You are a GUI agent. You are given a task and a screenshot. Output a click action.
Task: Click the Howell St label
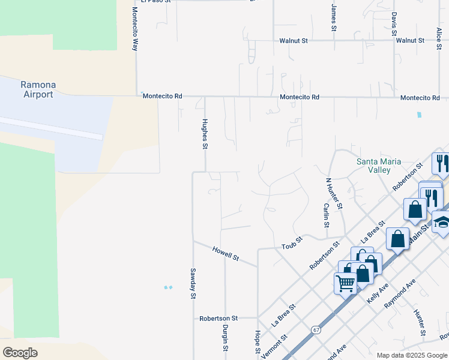(226, 253)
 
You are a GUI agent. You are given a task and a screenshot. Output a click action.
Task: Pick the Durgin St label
(225, 337)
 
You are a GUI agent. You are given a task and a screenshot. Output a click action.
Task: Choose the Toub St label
(292, 242)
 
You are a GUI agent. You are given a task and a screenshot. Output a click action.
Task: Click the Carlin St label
(326, 215)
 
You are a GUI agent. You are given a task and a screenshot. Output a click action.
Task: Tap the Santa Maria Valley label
(387, 166)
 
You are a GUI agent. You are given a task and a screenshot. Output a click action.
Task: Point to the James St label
(334, 17)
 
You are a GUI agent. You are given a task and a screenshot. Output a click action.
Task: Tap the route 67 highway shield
(316, 330)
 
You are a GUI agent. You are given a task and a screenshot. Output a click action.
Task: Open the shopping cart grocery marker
(345, 283)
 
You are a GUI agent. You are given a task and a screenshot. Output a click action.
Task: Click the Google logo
(20, 352)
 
